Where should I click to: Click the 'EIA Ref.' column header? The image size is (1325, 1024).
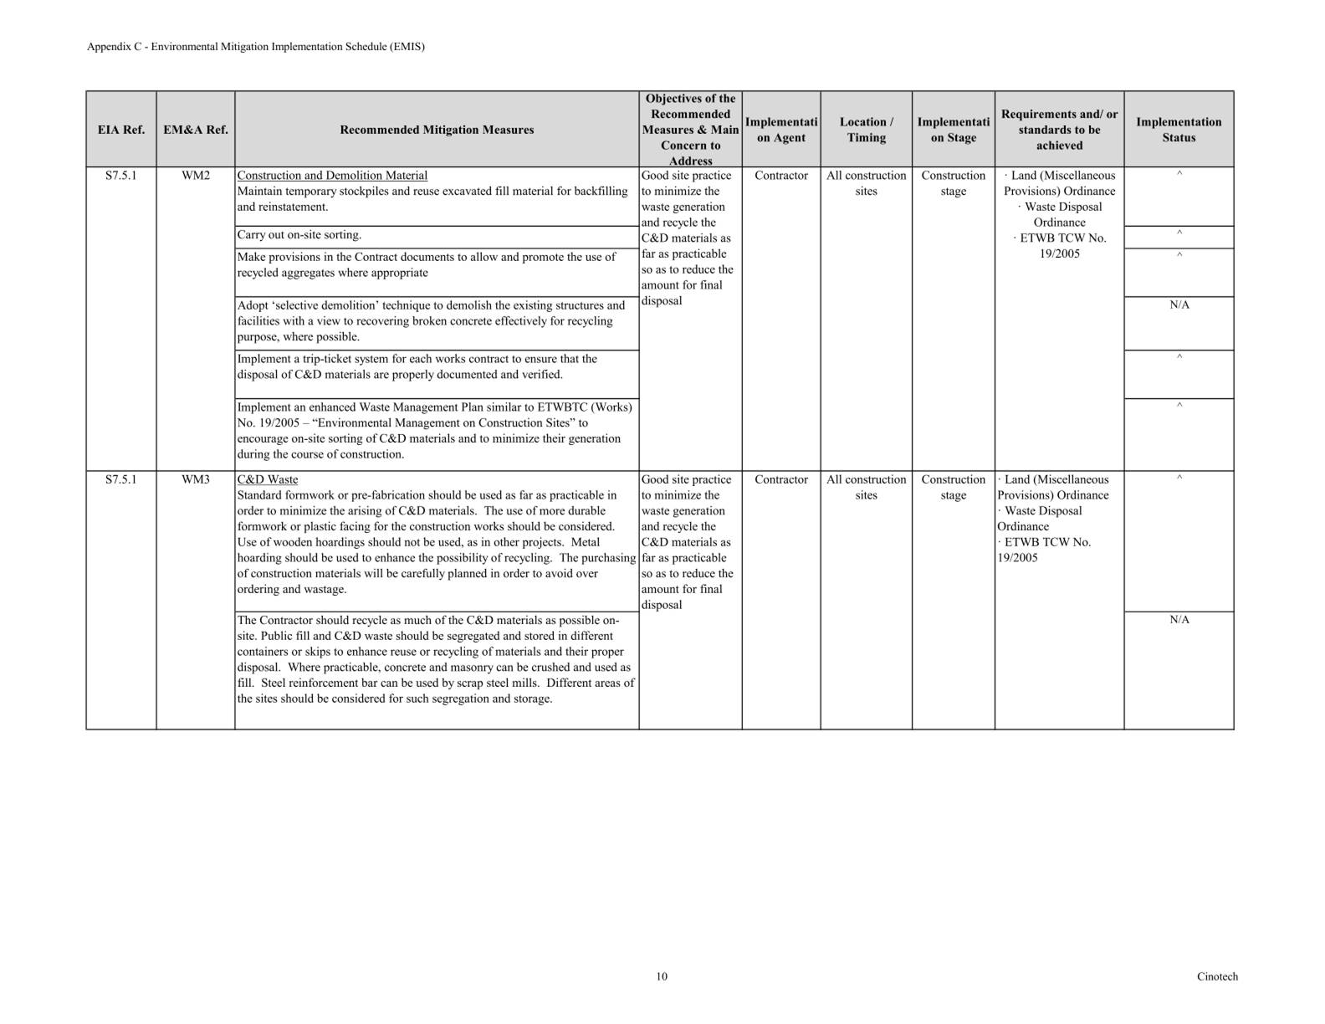point(120,130)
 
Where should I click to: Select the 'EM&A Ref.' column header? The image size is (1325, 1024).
point(195,130)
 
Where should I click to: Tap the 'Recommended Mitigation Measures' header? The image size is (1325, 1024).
point(437,130)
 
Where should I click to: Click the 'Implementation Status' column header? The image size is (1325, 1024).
point(1179,130)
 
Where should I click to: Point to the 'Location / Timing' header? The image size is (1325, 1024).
point(866,130)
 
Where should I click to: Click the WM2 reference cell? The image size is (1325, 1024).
point(195,176)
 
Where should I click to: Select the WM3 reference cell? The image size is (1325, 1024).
point(195,479)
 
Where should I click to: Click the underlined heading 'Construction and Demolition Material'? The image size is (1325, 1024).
point(332,176)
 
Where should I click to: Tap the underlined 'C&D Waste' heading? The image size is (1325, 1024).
point(268,479)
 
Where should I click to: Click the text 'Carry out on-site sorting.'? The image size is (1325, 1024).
point(299,235)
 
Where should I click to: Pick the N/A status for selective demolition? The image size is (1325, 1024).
point(1179,305)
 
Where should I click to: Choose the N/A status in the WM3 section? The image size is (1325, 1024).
point(1179,620)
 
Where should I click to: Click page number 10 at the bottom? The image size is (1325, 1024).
point(662,976)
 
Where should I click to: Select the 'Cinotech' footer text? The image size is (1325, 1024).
point(1216,976)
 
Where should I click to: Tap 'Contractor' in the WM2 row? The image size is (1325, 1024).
point(781,176)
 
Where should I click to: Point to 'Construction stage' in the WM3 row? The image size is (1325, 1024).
point(953,487)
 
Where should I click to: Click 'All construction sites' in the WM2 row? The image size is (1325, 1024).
point(866,183)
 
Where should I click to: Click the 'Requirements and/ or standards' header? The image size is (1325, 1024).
point(1059,130)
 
